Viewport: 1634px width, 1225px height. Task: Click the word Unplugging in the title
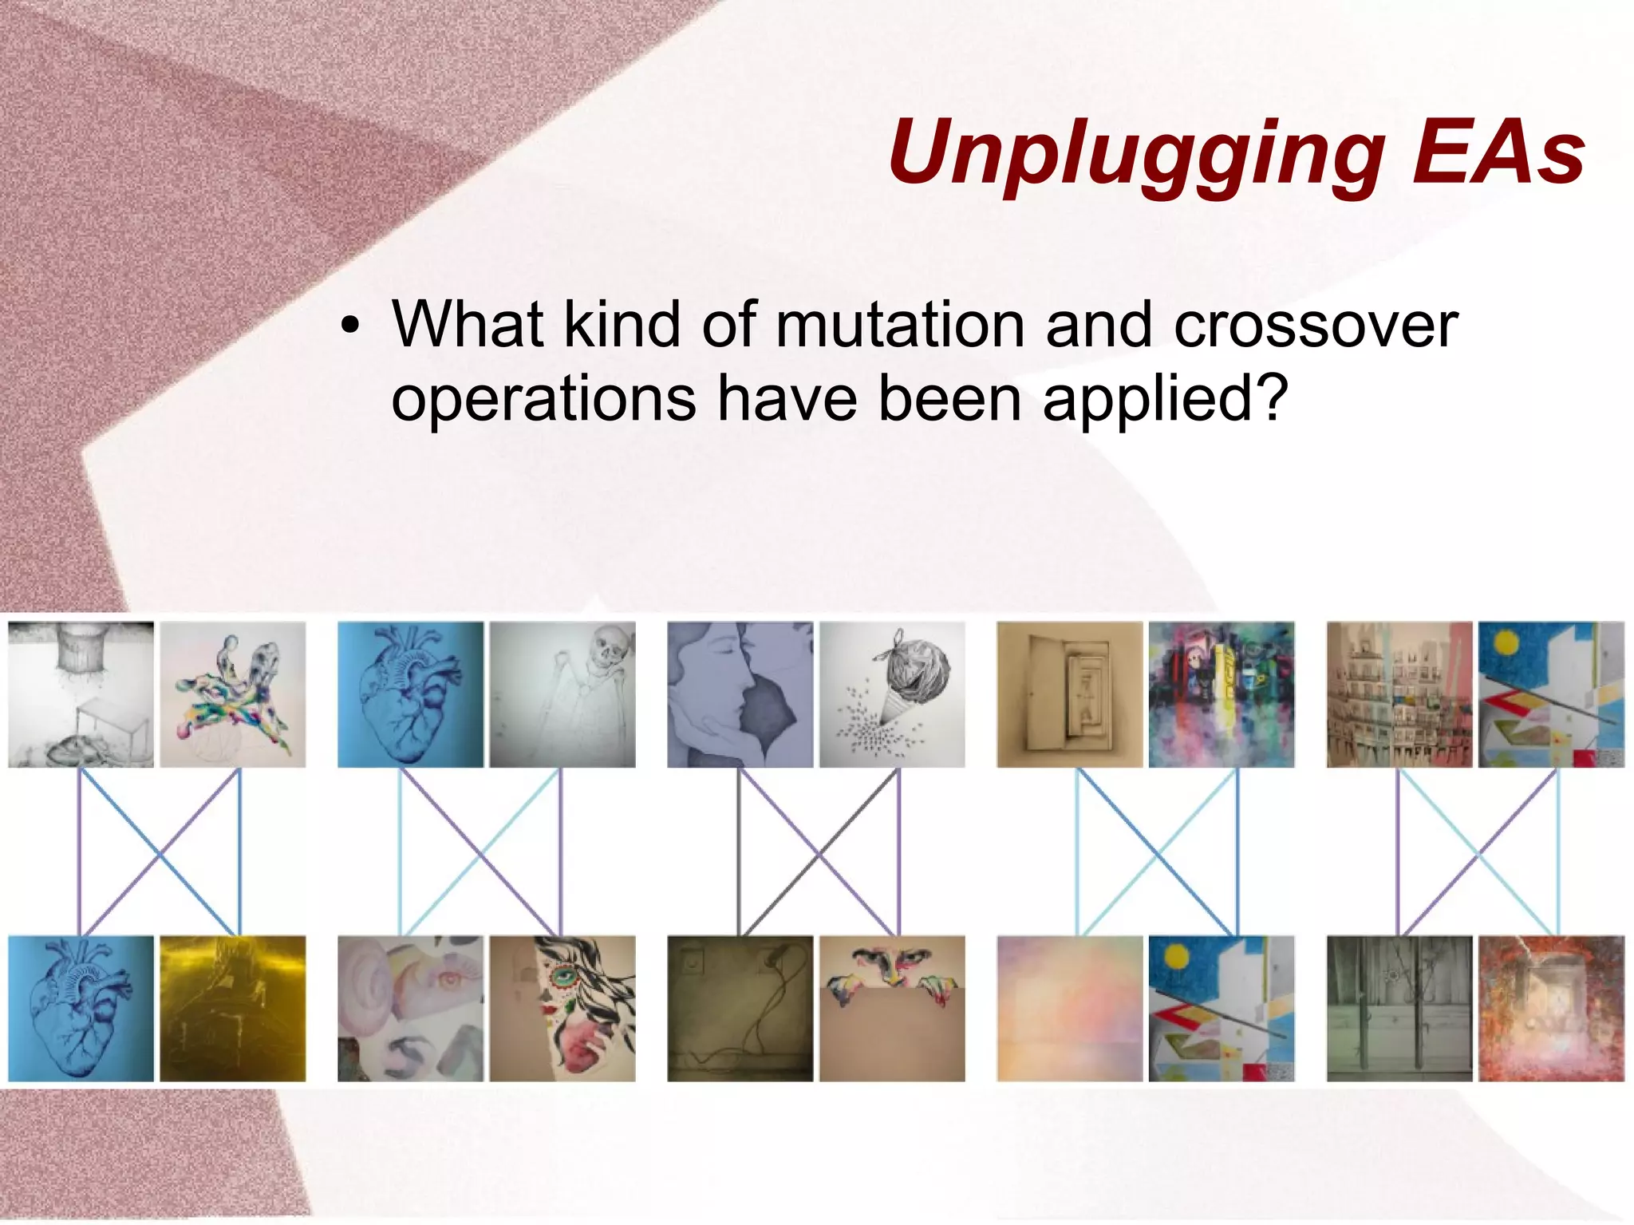pos(1137,153)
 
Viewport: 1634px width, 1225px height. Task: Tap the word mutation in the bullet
pos(899,325)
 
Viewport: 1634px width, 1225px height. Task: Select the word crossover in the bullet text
pos(1316,325)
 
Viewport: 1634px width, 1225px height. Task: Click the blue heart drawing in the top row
pos(410,694)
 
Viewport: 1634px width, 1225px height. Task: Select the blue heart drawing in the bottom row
pos(81,1008)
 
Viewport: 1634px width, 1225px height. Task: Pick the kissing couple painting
pos(740,694)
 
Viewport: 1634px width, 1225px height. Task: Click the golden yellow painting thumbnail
pos(232,1008)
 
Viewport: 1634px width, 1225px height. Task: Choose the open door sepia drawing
pos(1069,694)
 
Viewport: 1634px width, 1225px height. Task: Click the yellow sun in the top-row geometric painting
pos(1505,642)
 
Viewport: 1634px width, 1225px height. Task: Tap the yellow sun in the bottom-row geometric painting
pos(1175,955)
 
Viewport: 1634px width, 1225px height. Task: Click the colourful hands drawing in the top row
pos(232,694)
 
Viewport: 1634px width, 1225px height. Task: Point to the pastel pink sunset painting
pos(1069,1008)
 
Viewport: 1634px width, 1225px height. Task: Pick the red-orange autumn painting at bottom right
pos(1551,1008)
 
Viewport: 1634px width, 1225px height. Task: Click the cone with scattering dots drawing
pos(892,694)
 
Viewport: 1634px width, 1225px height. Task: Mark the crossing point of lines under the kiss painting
pos(819,855)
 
